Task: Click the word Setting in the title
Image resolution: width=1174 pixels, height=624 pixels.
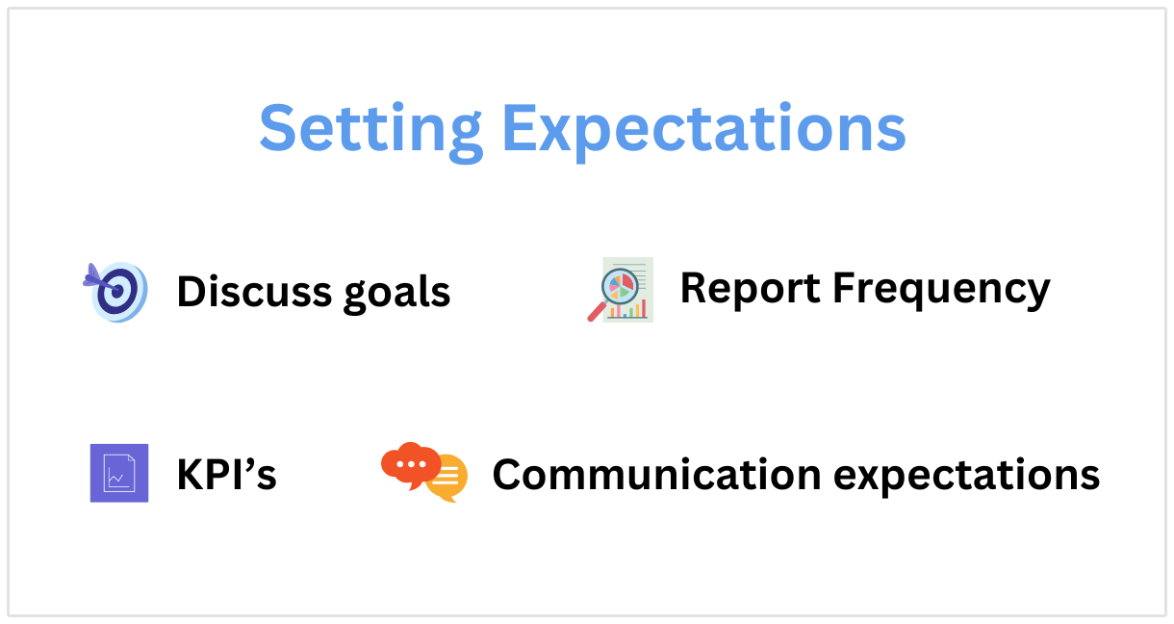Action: [x=370, y=131]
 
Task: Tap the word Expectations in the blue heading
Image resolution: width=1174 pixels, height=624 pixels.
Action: [x=703, y=131]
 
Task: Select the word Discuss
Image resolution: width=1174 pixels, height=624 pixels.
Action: [x=254, y=291]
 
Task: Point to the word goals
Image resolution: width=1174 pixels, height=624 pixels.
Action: [x=396, y=294]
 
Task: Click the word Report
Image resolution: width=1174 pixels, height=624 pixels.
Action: [x=750, y=287]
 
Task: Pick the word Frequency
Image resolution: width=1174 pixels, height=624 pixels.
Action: [x=941, y=291]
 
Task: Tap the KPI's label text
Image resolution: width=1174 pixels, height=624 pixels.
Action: [x=226, y=475]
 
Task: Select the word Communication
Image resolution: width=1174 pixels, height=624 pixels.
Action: [x=656, y=475]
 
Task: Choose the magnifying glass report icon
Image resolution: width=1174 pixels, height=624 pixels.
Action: [x=620, y=290]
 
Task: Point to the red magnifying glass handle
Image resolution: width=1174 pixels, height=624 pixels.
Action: [x=597, y=311]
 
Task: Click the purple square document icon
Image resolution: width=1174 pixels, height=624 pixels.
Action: [x=119, y=473]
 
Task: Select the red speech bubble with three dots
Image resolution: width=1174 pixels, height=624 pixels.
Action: [x=410, y=464]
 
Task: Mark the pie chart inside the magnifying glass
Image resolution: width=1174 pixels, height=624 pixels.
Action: [x=621, y=286]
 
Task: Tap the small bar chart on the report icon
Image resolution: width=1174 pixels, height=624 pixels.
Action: [x=627, y=309]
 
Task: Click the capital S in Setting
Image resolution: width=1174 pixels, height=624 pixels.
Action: [x=279, y=127]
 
